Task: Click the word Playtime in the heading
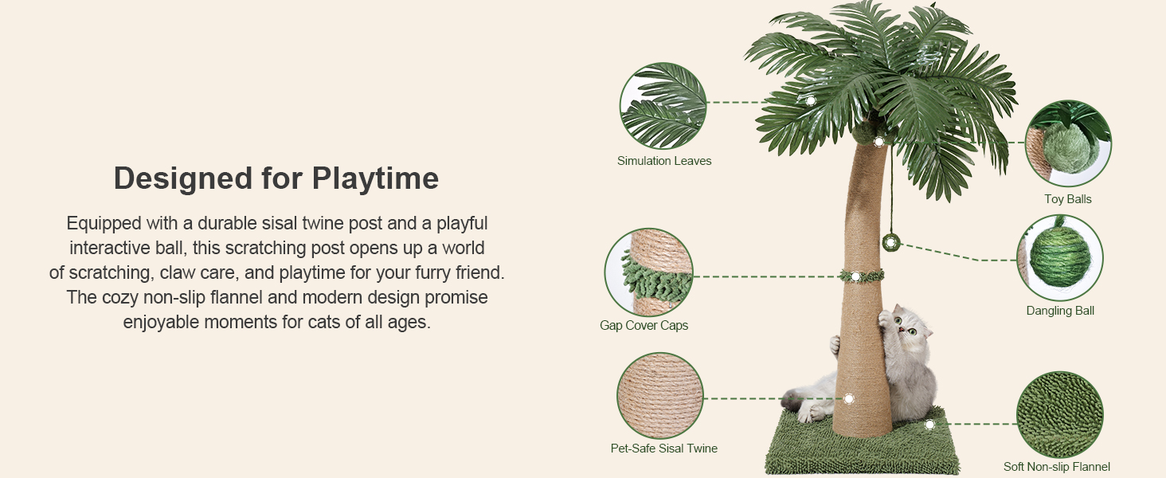[x=375, y=178]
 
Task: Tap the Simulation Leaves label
[x=664, y=161]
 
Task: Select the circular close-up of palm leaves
[x=663, y=106]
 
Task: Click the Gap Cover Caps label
[x=644, y=325]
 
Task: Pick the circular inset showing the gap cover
[x=648, y=272]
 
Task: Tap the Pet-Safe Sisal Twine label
[x=664, y=449]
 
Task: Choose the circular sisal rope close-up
[x=659, y=396]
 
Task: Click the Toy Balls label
[x=1068, y=199]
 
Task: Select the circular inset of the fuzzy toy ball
[x=1067, y=143]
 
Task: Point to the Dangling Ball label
[x=1060, y=311]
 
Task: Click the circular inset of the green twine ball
[x=1060, y=257]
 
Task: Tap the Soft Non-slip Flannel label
[x=1057, y=467]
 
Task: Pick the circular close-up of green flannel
[x=1059, y=414]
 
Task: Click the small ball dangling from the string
[x=890, y=242]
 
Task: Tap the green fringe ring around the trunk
[x=861, y=276]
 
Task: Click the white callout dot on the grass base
[x=929, y=425]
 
